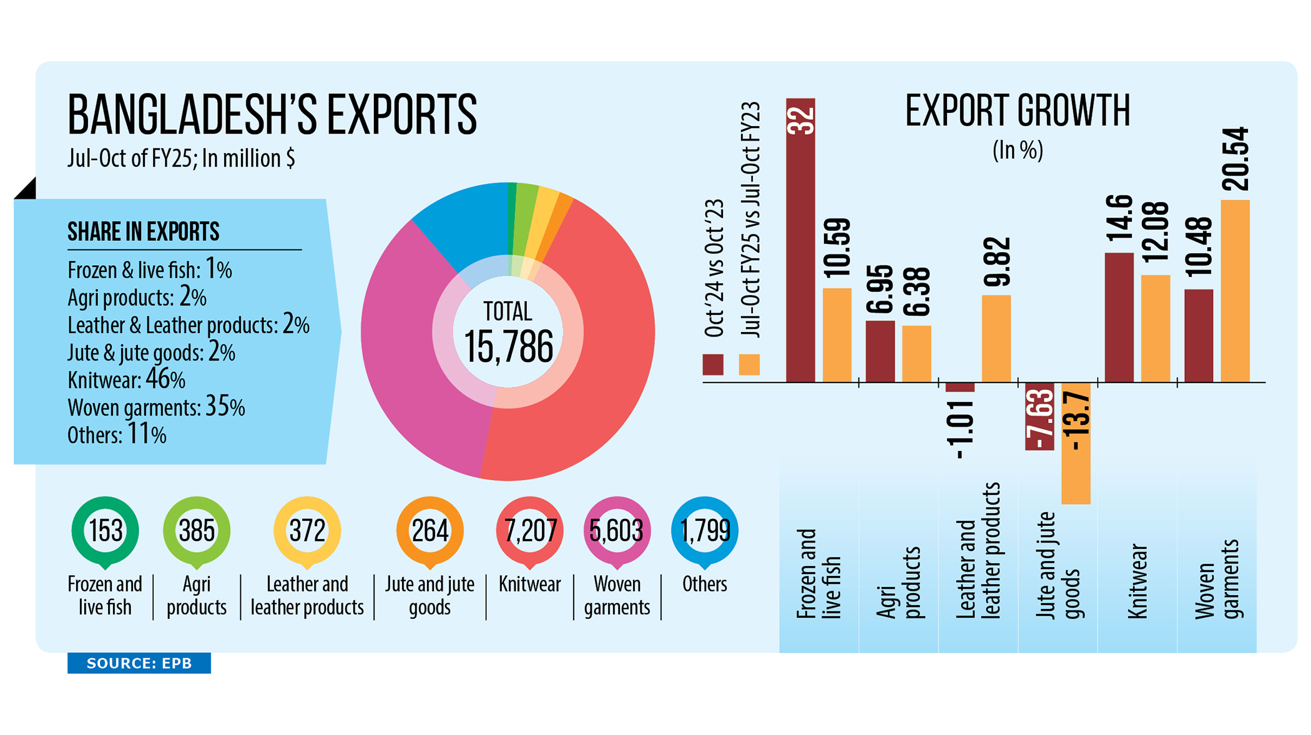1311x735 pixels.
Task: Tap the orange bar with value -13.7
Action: pyautogui.click(x=1076, y=443)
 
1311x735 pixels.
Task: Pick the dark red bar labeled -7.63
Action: pyautogui.click(x=1039, y=416)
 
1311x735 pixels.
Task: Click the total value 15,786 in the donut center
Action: pyautogui.click(x=508, y=347)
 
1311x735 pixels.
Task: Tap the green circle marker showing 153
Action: pyautogui.click(x=105, y=531)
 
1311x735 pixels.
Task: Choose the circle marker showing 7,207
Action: pyautogui.click(x=529, y=531)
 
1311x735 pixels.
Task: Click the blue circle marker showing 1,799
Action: pyautogui.click(x=704, y=531)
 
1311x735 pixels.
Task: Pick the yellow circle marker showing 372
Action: pyautogui.click(x=307, y=531)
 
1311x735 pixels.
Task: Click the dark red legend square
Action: pyautogui.click(x=713, y=364)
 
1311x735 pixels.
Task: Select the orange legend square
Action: pyautogui.click(x=749, y=364)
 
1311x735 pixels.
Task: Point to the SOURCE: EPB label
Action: pyautogui.click(x=139, y=663)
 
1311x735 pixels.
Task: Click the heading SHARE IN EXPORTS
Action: pyautogui.click(x=144, y=231)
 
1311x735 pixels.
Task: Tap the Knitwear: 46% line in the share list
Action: pyautogui.click(x=127, y=379)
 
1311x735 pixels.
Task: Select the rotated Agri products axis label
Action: pyautogui.click(x=898, y=582)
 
